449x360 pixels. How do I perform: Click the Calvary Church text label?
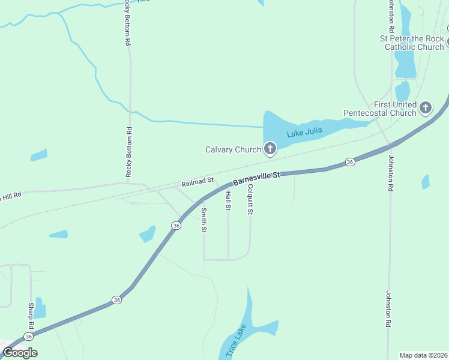point(233,150)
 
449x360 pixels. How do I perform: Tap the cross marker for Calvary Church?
point(270,149)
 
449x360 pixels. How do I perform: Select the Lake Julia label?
point(304,132)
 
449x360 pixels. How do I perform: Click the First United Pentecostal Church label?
point(379,109)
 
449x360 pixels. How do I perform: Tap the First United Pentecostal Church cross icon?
point(426,108)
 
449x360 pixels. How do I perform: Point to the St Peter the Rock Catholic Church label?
point(412,43)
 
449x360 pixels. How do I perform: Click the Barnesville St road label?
point(256,176)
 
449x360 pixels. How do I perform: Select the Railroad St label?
point(197,181)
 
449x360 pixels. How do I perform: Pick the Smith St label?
point(204,220)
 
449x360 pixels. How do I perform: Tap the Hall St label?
point(228,201)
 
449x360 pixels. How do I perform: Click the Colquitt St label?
point(250,200)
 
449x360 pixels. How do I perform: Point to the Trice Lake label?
point(235,340)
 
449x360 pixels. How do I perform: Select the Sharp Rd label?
point(31,315)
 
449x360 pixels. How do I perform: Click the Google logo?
point(20,353)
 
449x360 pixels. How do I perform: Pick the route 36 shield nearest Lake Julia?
point(351,162)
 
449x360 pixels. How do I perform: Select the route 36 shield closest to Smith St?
point(176,225)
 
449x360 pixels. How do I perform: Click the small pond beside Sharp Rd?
point(40,308)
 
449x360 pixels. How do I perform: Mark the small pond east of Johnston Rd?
point(426,182)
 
